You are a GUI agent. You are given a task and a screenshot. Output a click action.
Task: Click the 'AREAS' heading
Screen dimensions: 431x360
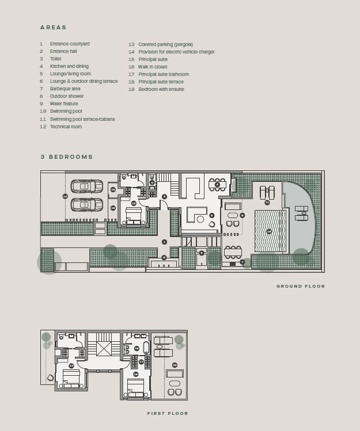(53, 27)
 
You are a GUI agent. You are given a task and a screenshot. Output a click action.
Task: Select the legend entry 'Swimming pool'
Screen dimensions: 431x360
(66, 111)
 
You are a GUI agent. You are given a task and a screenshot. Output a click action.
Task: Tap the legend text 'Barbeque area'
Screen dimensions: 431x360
(65, 89)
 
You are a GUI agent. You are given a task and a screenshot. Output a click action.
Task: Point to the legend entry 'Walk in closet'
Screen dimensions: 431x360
(154, 67)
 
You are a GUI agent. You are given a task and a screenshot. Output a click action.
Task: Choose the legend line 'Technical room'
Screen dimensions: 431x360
(66, 127)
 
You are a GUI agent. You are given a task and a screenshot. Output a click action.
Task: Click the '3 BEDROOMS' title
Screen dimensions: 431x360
(66, 157)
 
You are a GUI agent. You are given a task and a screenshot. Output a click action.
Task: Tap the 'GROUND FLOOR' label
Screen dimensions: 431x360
(300, 286)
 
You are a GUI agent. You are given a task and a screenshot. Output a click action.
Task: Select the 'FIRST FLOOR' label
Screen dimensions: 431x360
(167, 413)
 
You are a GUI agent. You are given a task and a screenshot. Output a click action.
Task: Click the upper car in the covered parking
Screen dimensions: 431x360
(87, 186)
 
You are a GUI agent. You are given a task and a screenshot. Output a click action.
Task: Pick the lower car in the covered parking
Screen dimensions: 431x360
(87, 204)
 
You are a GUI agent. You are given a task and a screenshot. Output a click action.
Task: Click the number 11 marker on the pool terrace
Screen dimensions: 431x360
(267, 202)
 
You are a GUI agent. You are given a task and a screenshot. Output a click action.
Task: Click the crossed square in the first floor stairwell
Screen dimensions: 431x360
(105, 349)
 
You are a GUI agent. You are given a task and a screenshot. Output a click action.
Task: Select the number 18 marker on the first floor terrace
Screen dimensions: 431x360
(175, 365)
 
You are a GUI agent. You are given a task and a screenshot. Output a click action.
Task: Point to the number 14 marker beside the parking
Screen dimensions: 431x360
(65, 196)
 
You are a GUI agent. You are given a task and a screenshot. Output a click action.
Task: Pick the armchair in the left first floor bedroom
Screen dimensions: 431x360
(52, 377)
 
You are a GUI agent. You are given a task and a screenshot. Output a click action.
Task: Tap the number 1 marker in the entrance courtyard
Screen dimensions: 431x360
(164, 242)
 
